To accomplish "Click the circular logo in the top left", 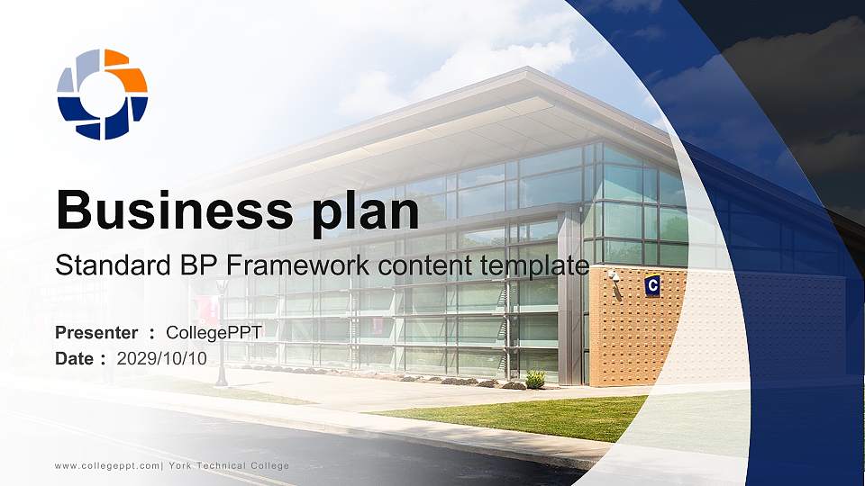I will (102, 94).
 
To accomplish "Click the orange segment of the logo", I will (129, 76).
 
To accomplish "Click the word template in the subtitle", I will (539, 265).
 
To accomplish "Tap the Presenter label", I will (96, 333).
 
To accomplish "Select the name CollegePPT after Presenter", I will (214, 333).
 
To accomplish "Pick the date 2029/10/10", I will (162, 358).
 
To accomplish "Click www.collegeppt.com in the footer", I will (107, 465).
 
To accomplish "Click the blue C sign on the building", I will (652, 286).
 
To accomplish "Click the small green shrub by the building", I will (535, 379).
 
